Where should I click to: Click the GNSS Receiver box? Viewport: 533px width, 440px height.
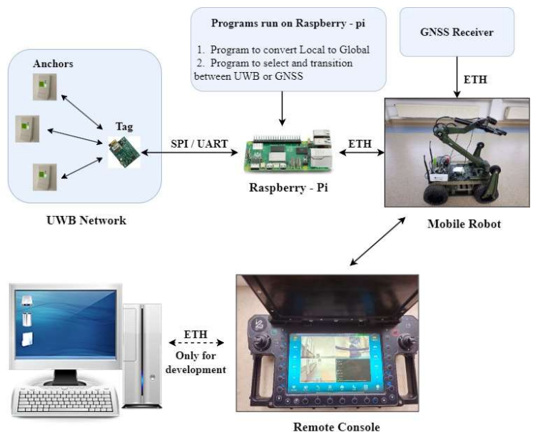[x=457, y=32]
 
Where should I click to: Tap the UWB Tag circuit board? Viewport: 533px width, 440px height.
[x=123, y=151]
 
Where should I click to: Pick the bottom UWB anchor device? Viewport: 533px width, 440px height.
[x=43, y=176]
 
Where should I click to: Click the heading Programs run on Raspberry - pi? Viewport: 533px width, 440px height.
[x=289, y=23]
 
